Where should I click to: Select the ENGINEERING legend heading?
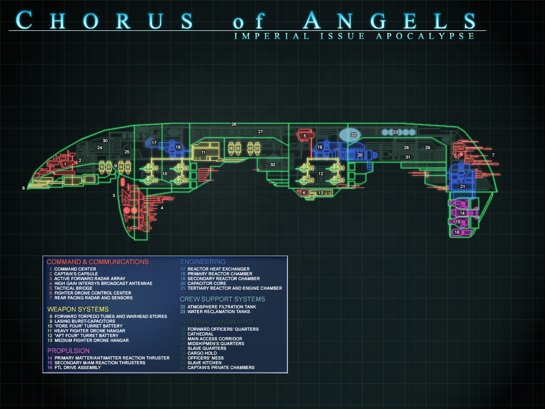click(x=203, y=262)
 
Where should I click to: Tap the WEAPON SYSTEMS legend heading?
click(x=78, y=309)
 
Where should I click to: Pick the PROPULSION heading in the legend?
click(x=68, y=350)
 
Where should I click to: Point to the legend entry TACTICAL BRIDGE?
click(x=73, y=288)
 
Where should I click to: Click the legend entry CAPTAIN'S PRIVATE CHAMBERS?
click(x=221, y=367)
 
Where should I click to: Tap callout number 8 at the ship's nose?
click(x=23, y=188)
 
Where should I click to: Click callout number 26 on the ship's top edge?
click(x=234, y=124)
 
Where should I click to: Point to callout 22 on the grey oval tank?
click(x=353, y=135)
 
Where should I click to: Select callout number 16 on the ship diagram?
click(x=457, y=232)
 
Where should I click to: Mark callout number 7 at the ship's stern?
click(x=493, y=155)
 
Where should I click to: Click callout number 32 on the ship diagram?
click(x=272, y=165)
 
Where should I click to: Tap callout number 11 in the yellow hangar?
click(x=203, y=152)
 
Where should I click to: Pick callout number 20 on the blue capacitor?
click(x=360, y=155)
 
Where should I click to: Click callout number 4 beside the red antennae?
click(x=162, y=208)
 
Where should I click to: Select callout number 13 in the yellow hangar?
click(x=320, y=193)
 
